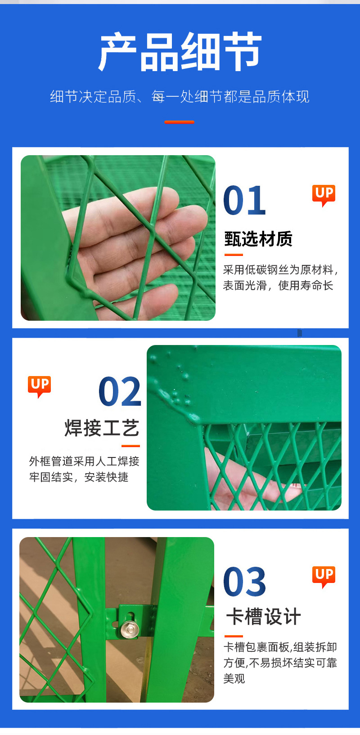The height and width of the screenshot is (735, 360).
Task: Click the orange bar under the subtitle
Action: [x=179, y=122]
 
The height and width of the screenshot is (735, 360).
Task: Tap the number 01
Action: [x=244, y=201]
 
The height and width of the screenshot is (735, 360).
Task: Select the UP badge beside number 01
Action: [x=324, y=194]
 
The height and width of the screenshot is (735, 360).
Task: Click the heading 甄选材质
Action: [x=258, y=239]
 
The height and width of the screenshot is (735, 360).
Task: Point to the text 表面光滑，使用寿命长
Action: [x=278, y=286]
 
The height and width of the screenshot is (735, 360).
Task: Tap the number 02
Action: [x=120, y=392]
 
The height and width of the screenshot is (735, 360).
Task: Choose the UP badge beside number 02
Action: [x=40, y=385]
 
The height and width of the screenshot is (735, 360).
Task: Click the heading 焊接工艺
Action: [x=102, y=428]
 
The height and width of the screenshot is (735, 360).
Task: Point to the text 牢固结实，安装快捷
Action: [x=79, y=477]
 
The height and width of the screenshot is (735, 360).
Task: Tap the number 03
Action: [x=244, y=582]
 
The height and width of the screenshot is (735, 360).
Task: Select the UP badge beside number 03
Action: [x=324, y=576]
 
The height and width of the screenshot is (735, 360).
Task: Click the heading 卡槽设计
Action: [x=263, y=617]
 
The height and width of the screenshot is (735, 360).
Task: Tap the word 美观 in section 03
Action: [x=234, y=678]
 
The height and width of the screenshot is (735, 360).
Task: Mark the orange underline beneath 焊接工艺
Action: [x=130, y=446]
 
